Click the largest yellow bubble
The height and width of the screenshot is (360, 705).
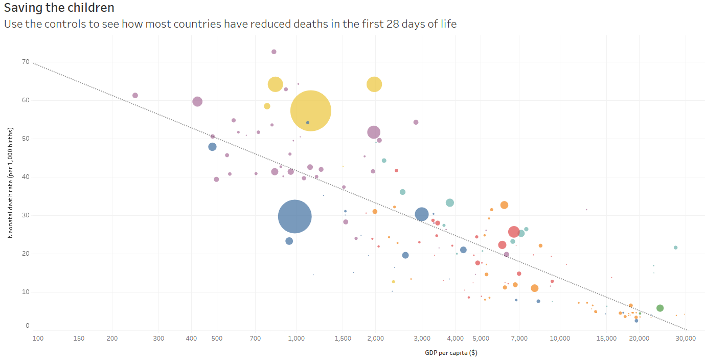point(310,110)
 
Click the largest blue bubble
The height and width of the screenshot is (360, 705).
point(295,216)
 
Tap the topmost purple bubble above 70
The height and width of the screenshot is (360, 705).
point(274,52)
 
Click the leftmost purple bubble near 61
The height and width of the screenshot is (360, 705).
point(135,96)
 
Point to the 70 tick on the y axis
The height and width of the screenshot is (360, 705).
point(25,62)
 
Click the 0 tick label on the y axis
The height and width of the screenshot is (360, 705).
point(28,326)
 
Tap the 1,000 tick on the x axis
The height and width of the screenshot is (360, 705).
point(297,338)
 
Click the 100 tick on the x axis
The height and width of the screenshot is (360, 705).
point(37,338)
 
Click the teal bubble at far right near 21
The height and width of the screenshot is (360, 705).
point(675,247)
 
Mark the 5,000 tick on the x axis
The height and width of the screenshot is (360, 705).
point(481,338)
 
